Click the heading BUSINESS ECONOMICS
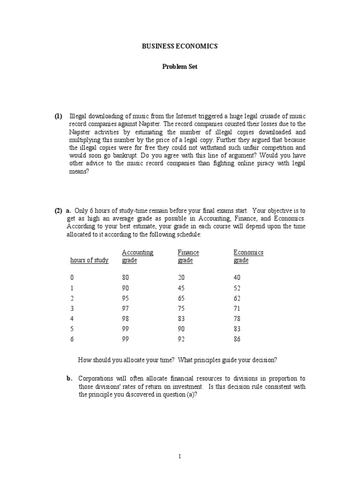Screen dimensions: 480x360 pos(180,46)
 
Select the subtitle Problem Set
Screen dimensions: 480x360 pos(180,67)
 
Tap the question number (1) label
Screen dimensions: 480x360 pos(58,116)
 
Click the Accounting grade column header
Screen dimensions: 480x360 pos(137,256)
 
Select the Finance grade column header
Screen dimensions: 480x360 pos(188,256)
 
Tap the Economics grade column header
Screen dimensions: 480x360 pos(248,256)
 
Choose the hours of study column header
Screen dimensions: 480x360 pos(89,261)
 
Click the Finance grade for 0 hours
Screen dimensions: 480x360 pos(181,277)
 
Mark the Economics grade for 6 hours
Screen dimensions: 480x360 pos(237,339)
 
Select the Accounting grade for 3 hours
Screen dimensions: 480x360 pos(125,308)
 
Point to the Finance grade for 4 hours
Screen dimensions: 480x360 pos(181,319)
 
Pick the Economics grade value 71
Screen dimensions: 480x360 pos(237,308)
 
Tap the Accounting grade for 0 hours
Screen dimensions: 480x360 pos(125,277)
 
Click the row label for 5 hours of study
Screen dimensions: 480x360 pos(72,329)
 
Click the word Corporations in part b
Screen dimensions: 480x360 pos(95,379)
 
